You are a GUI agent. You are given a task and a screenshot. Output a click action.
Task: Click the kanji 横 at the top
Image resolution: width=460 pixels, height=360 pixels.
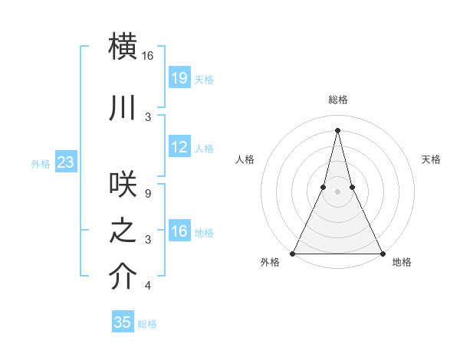[123, 46]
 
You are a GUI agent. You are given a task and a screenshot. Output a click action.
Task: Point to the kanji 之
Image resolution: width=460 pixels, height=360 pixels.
[123, 231]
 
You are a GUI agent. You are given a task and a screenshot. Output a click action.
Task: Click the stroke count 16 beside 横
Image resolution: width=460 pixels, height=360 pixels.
[148, 56]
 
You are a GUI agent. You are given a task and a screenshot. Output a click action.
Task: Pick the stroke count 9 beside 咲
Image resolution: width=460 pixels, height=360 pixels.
[148, 194]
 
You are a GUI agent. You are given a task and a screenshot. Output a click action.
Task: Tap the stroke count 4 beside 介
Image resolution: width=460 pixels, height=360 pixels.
[148, 286]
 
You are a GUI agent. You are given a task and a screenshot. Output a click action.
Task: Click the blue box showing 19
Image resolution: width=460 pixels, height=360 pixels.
[179, 78]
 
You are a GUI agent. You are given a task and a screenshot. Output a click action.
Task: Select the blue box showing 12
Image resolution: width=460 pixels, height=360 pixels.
[179, 147]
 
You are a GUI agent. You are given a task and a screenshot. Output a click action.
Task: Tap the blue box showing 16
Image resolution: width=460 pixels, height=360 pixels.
[179, 231]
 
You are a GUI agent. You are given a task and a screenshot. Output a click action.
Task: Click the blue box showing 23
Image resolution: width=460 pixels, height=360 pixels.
[66, 162]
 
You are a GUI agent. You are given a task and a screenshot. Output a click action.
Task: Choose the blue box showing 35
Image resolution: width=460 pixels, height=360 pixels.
[123, 322]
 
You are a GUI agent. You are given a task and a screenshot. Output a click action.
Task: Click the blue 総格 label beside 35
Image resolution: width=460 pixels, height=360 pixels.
[148, 324]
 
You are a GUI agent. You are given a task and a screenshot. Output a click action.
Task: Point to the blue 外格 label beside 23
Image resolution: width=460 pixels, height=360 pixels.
[41, 163]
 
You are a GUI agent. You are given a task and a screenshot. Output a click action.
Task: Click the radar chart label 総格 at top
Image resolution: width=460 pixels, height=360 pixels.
[337, 100]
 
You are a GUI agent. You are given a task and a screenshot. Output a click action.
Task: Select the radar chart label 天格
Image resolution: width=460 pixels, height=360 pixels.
[432, 159]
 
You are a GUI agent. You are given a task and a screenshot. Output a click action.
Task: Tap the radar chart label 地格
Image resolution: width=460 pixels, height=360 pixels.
[402, 262]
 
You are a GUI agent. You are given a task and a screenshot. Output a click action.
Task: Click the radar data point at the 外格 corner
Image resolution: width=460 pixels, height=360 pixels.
[293, 253]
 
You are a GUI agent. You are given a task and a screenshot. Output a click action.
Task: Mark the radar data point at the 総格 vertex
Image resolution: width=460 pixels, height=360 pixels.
[337, 129]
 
